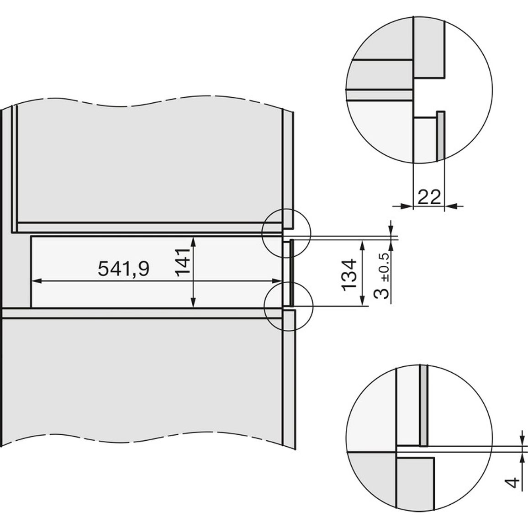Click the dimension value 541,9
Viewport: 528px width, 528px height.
123,269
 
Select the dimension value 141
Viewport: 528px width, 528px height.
183,262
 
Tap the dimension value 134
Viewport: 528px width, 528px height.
349,274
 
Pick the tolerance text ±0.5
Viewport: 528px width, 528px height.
385,267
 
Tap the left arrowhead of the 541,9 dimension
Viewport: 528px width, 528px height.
36,281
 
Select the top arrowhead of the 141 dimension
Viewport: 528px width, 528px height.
193,242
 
